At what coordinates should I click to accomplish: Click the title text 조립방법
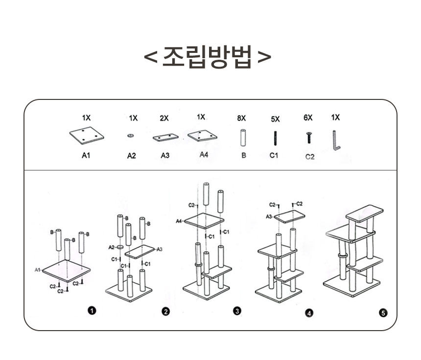point(208,57)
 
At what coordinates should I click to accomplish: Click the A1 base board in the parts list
point(86,136)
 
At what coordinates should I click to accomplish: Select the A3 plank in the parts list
point(165,137)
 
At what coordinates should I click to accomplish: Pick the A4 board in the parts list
point(202,136)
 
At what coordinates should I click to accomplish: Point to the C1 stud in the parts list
point(275,138)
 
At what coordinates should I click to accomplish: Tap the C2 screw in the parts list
point(309,137)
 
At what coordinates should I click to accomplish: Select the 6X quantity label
point(308,118)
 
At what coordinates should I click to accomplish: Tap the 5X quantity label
point(275,119)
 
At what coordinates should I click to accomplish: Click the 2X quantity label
point(164,118)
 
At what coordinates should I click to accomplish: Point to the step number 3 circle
point(237,311)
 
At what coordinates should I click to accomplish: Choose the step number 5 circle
point(383,312)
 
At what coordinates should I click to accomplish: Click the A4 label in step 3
point(179,221)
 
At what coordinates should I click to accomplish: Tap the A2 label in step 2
point(111,248)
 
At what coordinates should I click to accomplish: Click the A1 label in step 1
point(37,270)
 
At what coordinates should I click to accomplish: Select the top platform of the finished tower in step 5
point(364,213)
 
